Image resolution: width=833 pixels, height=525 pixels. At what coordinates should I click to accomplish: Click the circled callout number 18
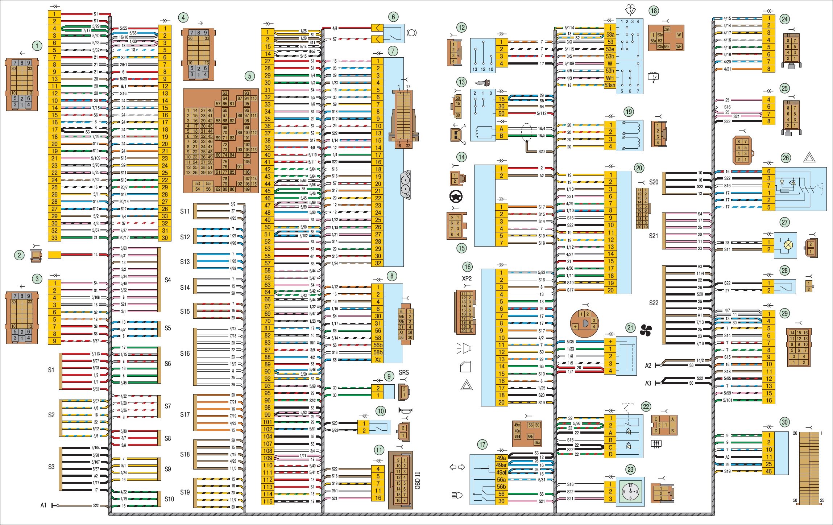click(654, 11)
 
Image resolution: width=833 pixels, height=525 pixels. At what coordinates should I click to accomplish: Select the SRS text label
click(403, 372)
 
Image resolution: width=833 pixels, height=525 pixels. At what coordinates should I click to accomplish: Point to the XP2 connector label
click(467, 278)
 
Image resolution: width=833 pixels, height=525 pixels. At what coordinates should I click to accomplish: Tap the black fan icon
click(646, 330)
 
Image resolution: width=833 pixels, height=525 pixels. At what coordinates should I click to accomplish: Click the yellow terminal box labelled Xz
click(378, 359)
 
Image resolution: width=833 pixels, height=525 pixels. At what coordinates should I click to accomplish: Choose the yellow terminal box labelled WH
click(610, 78)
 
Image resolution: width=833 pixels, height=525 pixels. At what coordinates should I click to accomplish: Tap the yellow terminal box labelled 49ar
click(501, 465)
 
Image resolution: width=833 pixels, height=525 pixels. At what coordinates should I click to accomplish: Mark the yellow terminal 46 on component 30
click(768, 471)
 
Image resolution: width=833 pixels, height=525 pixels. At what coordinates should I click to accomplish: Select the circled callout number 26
click(786, 158)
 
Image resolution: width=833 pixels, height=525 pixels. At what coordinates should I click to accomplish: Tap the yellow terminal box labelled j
click(610, 28)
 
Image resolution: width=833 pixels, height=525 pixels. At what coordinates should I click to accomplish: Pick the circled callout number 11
click(379, 450)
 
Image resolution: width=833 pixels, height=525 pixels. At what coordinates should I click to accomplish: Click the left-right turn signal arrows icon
click(457, 467)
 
